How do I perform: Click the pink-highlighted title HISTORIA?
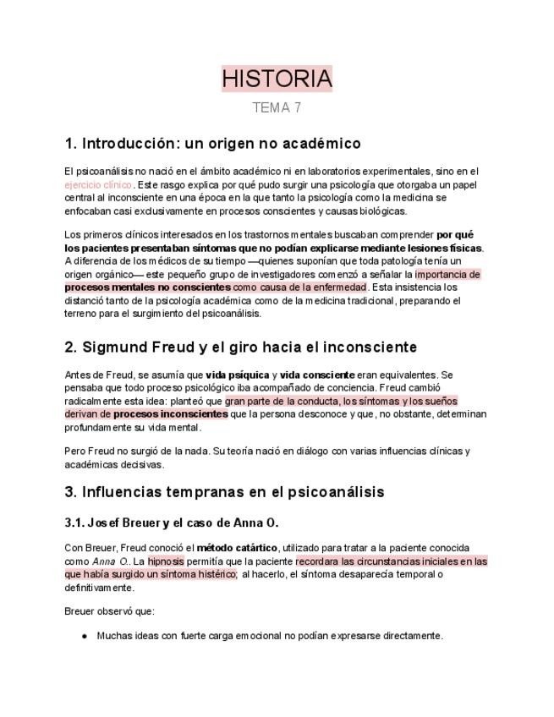(277, 79)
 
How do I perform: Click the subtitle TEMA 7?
(277, 108)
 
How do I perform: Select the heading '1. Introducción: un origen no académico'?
(212, 143)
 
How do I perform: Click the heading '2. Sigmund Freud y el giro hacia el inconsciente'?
(240, 348)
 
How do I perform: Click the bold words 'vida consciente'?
(318, 375)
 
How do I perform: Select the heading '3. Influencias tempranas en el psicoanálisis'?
(224, 492)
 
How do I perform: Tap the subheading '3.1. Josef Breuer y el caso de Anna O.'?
(172, 523)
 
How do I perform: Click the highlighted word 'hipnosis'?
(165, 561)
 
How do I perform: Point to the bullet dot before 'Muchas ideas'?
(85, 636)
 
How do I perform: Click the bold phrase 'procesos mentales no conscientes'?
(147, 287)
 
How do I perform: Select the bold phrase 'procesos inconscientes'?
(170, 414)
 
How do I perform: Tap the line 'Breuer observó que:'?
(109, 611)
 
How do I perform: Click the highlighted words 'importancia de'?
(447, 275)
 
